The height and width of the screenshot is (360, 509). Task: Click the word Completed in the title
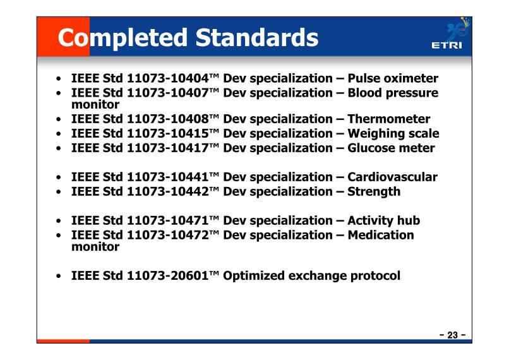[x=123, y=39]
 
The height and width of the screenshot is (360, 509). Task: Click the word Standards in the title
[x=257, y=37]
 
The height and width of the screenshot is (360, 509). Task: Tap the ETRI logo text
[x=446, y=45]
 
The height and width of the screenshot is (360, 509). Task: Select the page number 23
[x=453, y=335]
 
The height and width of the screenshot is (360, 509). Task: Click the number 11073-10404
[x=168, y=78]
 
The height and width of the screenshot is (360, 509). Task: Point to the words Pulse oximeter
[x=393, y=78]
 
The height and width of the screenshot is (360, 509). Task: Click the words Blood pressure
[x=393, y=93]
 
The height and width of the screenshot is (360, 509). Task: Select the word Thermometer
[x=389, y=119]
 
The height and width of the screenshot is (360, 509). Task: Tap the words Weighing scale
[x=393, y=134]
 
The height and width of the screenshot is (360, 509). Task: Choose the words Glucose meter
[x=391, y=148]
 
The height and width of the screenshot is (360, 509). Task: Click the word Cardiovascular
[x=392, y=177]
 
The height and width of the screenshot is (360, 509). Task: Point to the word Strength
[x=374, y=192]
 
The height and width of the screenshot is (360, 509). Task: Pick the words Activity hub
[x=384, y=221]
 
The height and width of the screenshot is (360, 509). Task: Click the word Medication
[x=381, y=235]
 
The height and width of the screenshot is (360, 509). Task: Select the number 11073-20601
[x=168, y=275]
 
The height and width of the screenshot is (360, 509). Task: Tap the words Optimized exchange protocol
[x=311, y=276]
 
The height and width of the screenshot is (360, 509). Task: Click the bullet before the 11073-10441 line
[x=59, y=177]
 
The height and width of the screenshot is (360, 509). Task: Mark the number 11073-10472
[x=168, y=235]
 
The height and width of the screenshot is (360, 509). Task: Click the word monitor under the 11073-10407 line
[x=95, y=105]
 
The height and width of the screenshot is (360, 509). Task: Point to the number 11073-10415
[x=168, y=133]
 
